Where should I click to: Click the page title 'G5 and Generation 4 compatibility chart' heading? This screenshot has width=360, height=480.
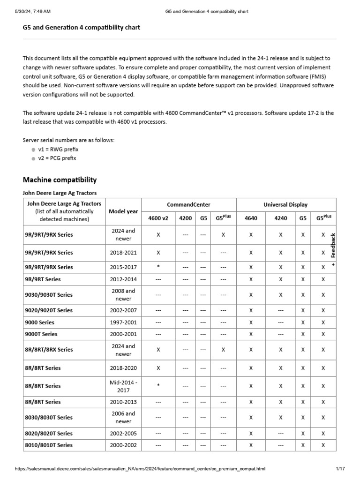pyautogui.click(x=81, y=28)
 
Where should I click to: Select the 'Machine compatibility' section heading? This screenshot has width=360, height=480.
pyautogui.click(x=60, y=180)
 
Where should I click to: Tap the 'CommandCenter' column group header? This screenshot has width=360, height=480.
pyautogui.click(x=188, y=205)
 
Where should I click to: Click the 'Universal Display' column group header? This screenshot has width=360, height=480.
pyautogui.click(x=286, y=205)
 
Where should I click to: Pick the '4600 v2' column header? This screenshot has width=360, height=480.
pyautogui.click(x=158, y=218)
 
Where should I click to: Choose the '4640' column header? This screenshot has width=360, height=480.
pyautogui.click(x=251, y=218)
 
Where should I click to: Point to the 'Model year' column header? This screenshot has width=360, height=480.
pyautogui.click(x=123, y=211)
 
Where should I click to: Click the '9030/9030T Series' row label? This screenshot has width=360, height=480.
pyautogui.click(x=49, y=295)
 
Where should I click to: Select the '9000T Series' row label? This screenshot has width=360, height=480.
pyautogui.click(x=42, y=334)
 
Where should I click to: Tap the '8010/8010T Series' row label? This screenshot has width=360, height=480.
pyautogui.click(x=49, y=445)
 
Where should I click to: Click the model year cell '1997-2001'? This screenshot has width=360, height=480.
pyautogui.click(x=123, y=322)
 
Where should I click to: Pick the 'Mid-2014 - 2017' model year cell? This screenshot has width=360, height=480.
pyautogui.click(x=123, y=386)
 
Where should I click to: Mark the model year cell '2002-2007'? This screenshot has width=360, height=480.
pyautogui.click(x=123, y=310)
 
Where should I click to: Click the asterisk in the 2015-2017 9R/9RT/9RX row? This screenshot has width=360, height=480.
pyautogui.click(x=158, y=267)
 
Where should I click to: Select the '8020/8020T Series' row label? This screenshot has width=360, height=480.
pyautogui.click(x=49, y=434)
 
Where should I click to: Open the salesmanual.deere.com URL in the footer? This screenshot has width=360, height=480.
pyautogui.click(x=140, y=469)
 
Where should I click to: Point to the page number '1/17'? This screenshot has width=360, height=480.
pyautogui.click(x=340, y=469)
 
